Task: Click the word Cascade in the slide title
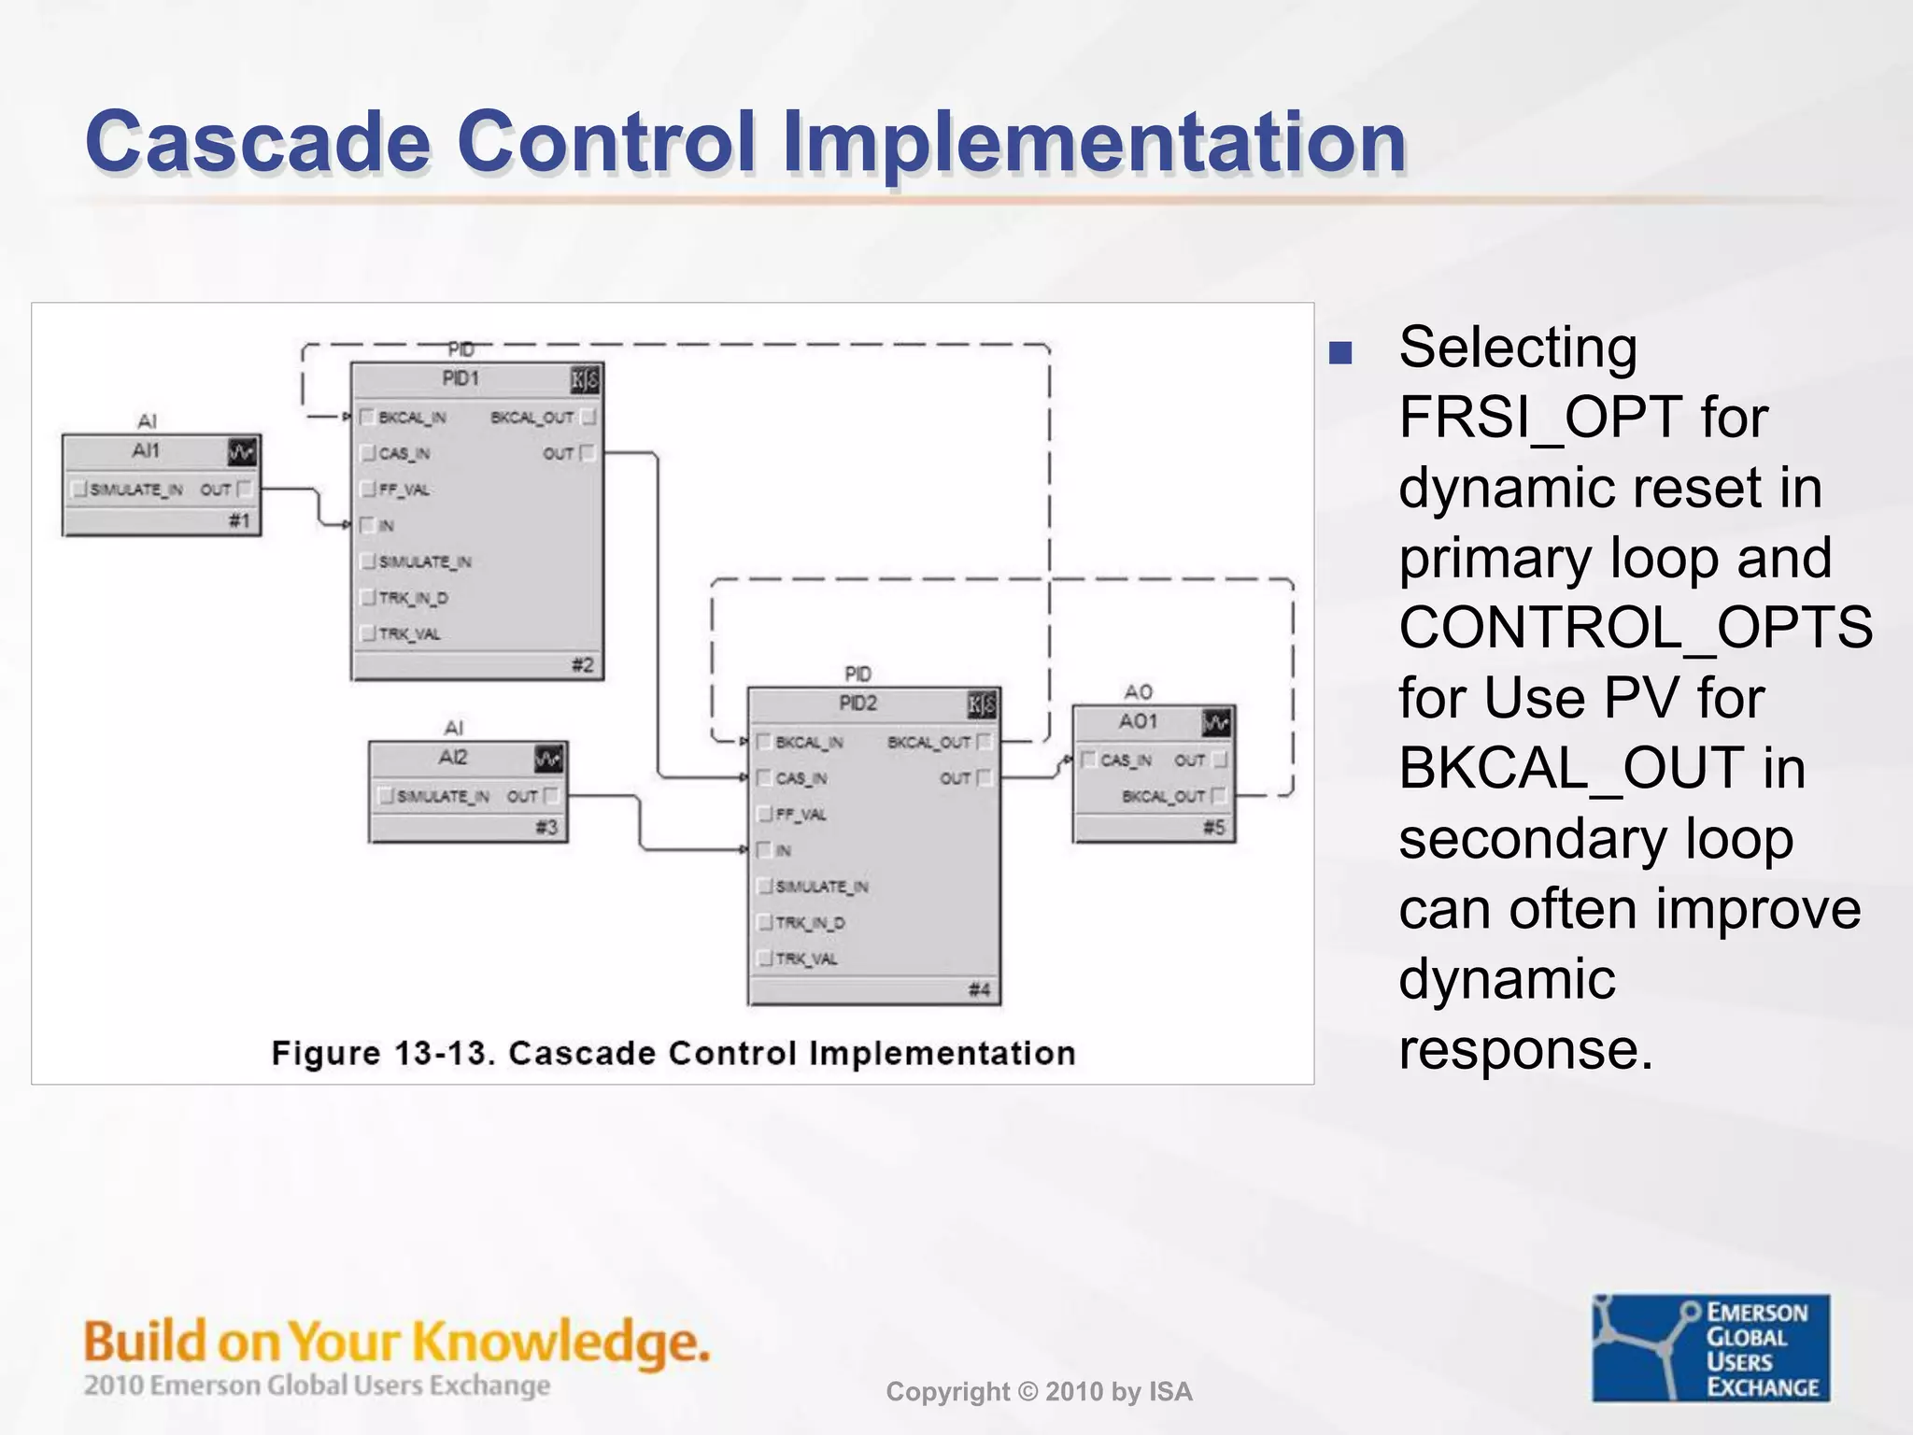click(258, 142)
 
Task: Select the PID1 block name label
click(461, 378)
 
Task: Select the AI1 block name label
click(146, 451)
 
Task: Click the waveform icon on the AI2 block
click(548, 759)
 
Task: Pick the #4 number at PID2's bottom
click(979, 989)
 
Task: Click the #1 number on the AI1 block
click(239, 520)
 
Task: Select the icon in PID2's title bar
click(981, 704)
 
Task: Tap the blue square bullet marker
click(1340, 352)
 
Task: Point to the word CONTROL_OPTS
click(1635, 627)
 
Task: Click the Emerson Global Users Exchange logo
click(1710, 1347)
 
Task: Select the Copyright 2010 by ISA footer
click(1039, 1392)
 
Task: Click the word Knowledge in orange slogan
click(561, 1343)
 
